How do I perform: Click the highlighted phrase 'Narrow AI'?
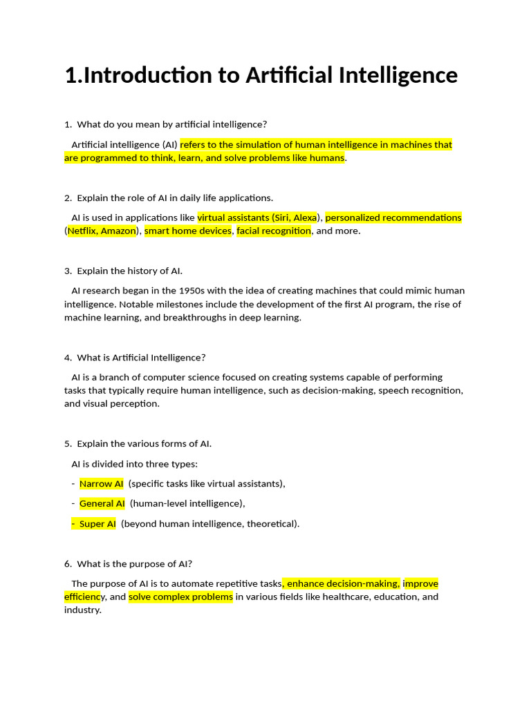[x=102, y=483]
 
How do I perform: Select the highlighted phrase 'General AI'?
[x=102, y=503]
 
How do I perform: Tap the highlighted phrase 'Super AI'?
[x=96, y=523]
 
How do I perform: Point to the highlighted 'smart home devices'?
[x=188, y=231]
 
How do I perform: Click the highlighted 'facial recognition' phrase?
[x=274, y=231]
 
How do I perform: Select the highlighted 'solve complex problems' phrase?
[x=181, y=597]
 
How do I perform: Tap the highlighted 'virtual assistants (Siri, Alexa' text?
[x=257, y=217]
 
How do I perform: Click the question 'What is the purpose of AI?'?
[x=134, y=563]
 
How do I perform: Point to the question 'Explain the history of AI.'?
[x=129, y=271]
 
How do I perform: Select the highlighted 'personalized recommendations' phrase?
[x=393, y=217]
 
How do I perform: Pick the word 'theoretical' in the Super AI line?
[x=272, y=523]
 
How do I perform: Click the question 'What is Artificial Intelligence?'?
[x=141, y=358]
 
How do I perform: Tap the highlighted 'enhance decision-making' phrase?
[x=342, y=583]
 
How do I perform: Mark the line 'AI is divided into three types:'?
[x=135, y=464]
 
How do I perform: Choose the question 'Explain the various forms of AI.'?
[x=144, y=443]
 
